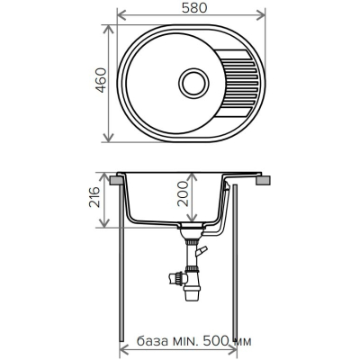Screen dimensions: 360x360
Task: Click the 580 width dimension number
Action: point(194,8)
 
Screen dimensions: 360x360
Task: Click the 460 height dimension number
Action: point(101,80)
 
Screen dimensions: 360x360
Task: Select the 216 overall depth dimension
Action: point(94,197)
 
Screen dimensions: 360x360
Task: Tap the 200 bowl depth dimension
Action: point(183,193)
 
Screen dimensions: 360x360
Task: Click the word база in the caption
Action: point(152,341)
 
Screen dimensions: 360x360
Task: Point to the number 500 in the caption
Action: point(216,341)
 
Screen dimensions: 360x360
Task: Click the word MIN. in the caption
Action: point(185,341)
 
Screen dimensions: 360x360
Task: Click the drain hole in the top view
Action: point(193,83)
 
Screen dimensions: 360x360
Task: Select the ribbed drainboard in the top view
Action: point(238,83)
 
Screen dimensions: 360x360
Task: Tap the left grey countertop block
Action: point(116,180)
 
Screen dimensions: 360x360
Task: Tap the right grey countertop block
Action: point(264,180)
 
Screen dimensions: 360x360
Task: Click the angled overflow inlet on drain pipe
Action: point(202,250)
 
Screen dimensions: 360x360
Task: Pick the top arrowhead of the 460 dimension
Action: point(108,30)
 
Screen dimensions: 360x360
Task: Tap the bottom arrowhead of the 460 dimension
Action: point(108,137)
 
